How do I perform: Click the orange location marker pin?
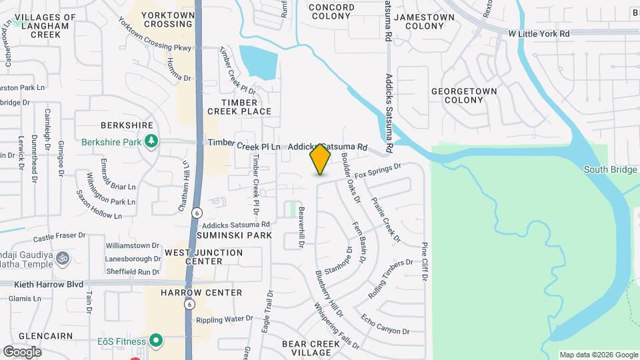[x=321, y=159]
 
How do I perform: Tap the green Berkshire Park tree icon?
[x=152, y=141]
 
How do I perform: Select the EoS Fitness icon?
[x=156, y=341]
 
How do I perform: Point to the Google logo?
[x=22, y=351]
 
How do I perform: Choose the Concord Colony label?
[x=331, y=12]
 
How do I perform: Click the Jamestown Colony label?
[x=419, y=21]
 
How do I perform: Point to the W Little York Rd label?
[x=539, y=33]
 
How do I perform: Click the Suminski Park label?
[x=233, y=235]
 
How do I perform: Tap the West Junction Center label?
[x=203, y=257]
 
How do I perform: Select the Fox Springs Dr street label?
[x=378, y=171]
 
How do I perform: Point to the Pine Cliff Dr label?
[x=424, y=261]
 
